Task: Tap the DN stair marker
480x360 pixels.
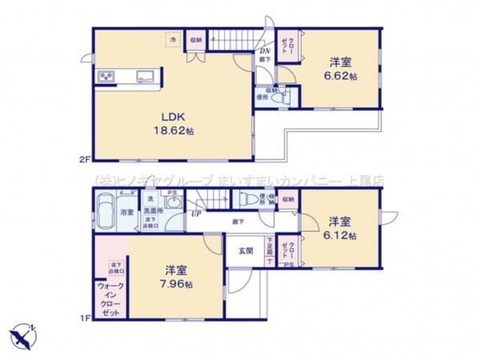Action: coord(264,54)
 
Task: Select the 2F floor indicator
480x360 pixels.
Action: coord(84,160)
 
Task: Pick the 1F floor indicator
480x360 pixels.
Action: coord(84,318)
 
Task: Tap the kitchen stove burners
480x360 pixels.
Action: coord(106,77)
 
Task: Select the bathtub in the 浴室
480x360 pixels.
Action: coord(105,213)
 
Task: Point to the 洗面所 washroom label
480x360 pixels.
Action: coord(150,212)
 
